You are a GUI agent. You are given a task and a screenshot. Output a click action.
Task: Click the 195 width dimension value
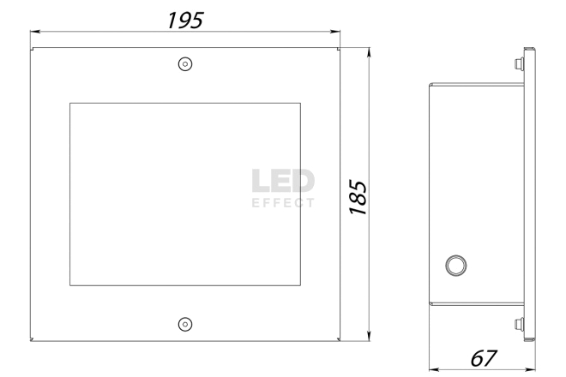(185, 21)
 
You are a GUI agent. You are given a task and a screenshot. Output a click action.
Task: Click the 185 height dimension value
(358, 197)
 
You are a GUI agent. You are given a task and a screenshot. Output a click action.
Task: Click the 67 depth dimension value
(484, 358)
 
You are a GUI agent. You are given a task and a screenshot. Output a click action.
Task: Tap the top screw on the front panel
(185, 64)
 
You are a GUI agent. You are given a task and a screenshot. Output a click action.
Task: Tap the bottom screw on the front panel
(185, 325)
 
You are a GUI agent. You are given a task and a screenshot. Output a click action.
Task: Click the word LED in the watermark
(283, 181)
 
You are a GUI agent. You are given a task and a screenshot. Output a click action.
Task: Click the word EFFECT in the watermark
(283, 203)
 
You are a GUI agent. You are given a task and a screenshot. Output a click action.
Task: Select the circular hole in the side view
(456, 266)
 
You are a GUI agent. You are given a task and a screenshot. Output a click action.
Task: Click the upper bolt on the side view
(520, 64)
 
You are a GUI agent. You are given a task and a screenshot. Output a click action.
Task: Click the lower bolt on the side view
(520, 324)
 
